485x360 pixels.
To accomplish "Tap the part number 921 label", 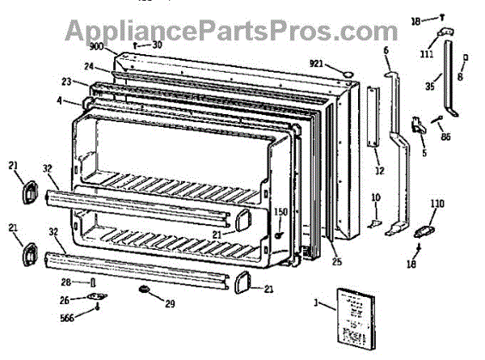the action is click(318, 63).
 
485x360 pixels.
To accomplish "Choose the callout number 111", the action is click(426, 54).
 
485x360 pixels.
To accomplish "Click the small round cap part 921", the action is click(347, 74).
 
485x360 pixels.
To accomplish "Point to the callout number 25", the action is click(335, 260).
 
